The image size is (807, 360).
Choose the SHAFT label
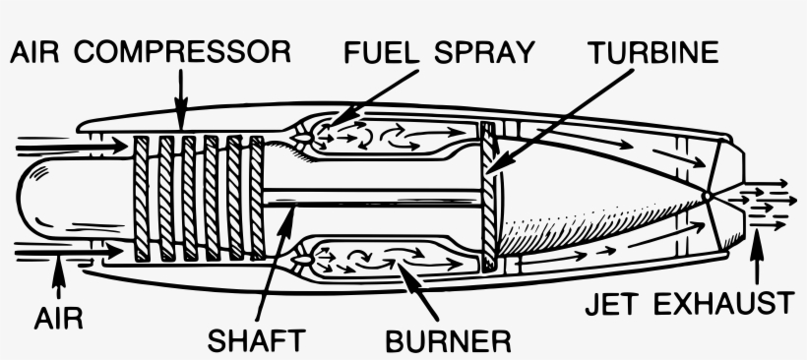click(258, 341)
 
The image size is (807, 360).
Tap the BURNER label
click(448, 341)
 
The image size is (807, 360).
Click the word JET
click(612, 303)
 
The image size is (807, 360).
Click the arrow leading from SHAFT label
click(278, 246)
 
